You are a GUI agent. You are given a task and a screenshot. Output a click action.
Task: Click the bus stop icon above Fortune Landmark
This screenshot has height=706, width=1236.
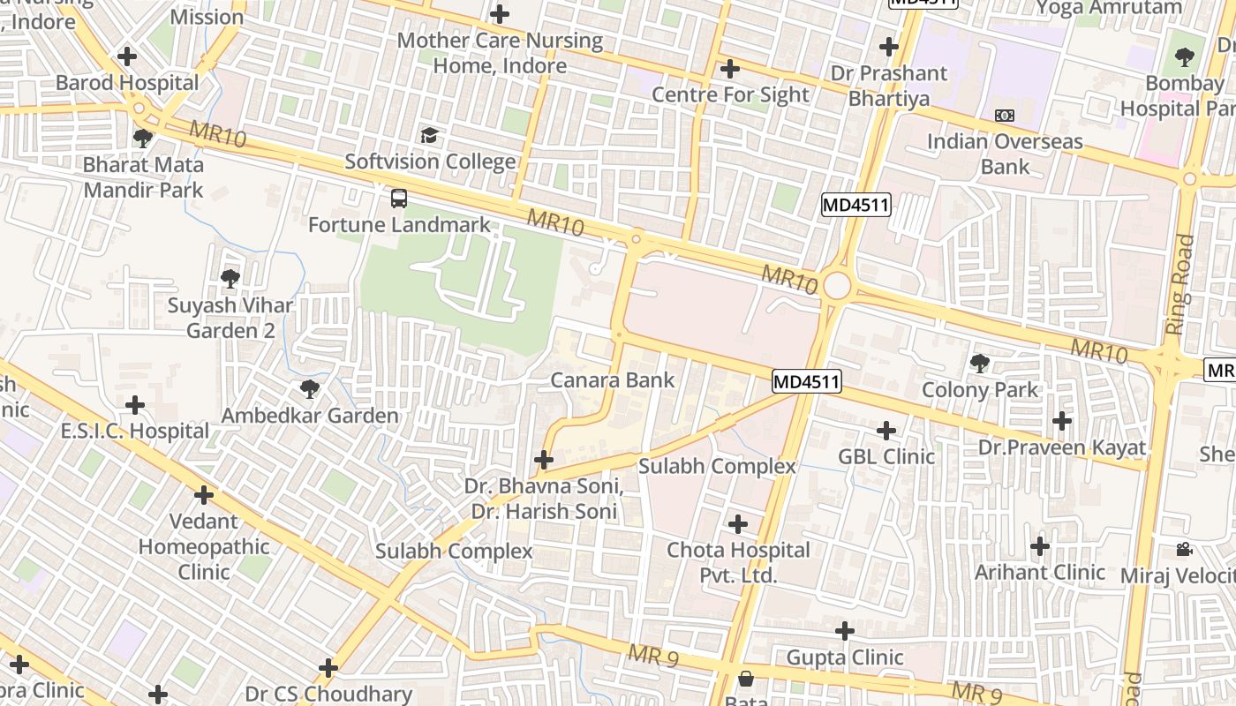[x=399, y=198]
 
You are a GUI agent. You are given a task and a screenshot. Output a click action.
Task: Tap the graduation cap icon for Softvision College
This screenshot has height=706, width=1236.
[x=429, y=135]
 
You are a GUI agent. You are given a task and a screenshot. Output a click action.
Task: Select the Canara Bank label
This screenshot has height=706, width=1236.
[x=612, y=380]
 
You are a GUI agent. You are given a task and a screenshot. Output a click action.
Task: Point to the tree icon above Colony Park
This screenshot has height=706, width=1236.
[x=979, y=363]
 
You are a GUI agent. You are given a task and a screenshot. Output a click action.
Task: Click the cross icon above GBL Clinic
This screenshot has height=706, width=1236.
[x=886, y=430]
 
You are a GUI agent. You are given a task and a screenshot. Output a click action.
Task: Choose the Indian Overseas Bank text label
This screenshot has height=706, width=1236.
[x=1005, y=154]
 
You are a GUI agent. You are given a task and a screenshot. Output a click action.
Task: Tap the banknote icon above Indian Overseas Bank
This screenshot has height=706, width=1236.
[x=1004, y=116]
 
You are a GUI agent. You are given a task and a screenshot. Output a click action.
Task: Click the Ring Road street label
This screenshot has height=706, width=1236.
[x=1179, y=284]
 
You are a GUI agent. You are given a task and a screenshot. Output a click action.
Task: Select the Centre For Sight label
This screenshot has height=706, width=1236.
[x=730, y=94]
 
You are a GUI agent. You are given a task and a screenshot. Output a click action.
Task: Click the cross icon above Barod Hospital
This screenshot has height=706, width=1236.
[x=127, y=56]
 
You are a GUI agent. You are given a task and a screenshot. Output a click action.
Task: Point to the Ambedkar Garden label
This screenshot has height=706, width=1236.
[x=310, y=415]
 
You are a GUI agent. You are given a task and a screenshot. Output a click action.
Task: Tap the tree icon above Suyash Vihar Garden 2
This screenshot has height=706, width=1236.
[x=230, y=279]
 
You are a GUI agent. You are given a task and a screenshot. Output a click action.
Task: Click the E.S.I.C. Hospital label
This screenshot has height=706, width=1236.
[x=134, y=432]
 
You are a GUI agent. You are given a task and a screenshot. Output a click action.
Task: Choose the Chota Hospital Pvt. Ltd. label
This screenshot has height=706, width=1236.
[x=738, y=562]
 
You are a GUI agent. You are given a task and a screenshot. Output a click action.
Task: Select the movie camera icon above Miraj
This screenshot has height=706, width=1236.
[x=1184, y=550]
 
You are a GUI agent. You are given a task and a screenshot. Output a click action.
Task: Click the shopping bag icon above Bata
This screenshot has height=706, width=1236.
[x=746, y=679]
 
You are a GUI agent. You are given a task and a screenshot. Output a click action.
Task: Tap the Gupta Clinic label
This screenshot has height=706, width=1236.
[x=845, y=657]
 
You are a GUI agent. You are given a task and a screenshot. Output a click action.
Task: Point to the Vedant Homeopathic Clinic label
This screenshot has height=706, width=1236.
[x=204, y=546]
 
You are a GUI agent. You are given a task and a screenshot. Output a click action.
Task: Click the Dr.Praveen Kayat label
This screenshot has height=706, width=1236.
[x=1061, y=447]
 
